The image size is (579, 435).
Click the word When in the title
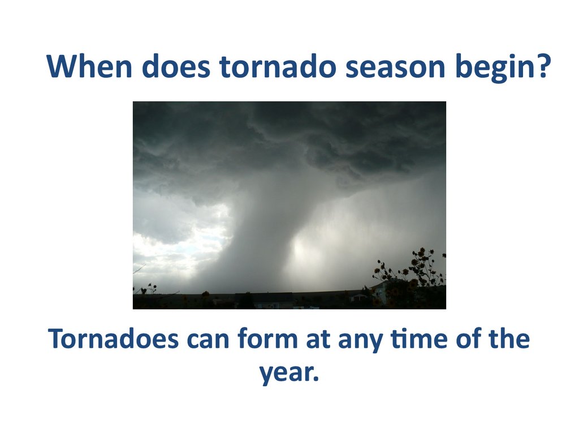pyautogui.click(x=89, y=66)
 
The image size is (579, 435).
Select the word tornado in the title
pyautogui.click(x=278, y=66)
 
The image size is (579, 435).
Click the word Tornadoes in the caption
pyautogui.click(x=113, y=339)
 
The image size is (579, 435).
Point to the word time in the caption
pyautogui.click(x=419, y=339)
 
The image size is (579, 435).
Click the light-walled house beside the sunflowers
pyautogui.click(x=381, y=293)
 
